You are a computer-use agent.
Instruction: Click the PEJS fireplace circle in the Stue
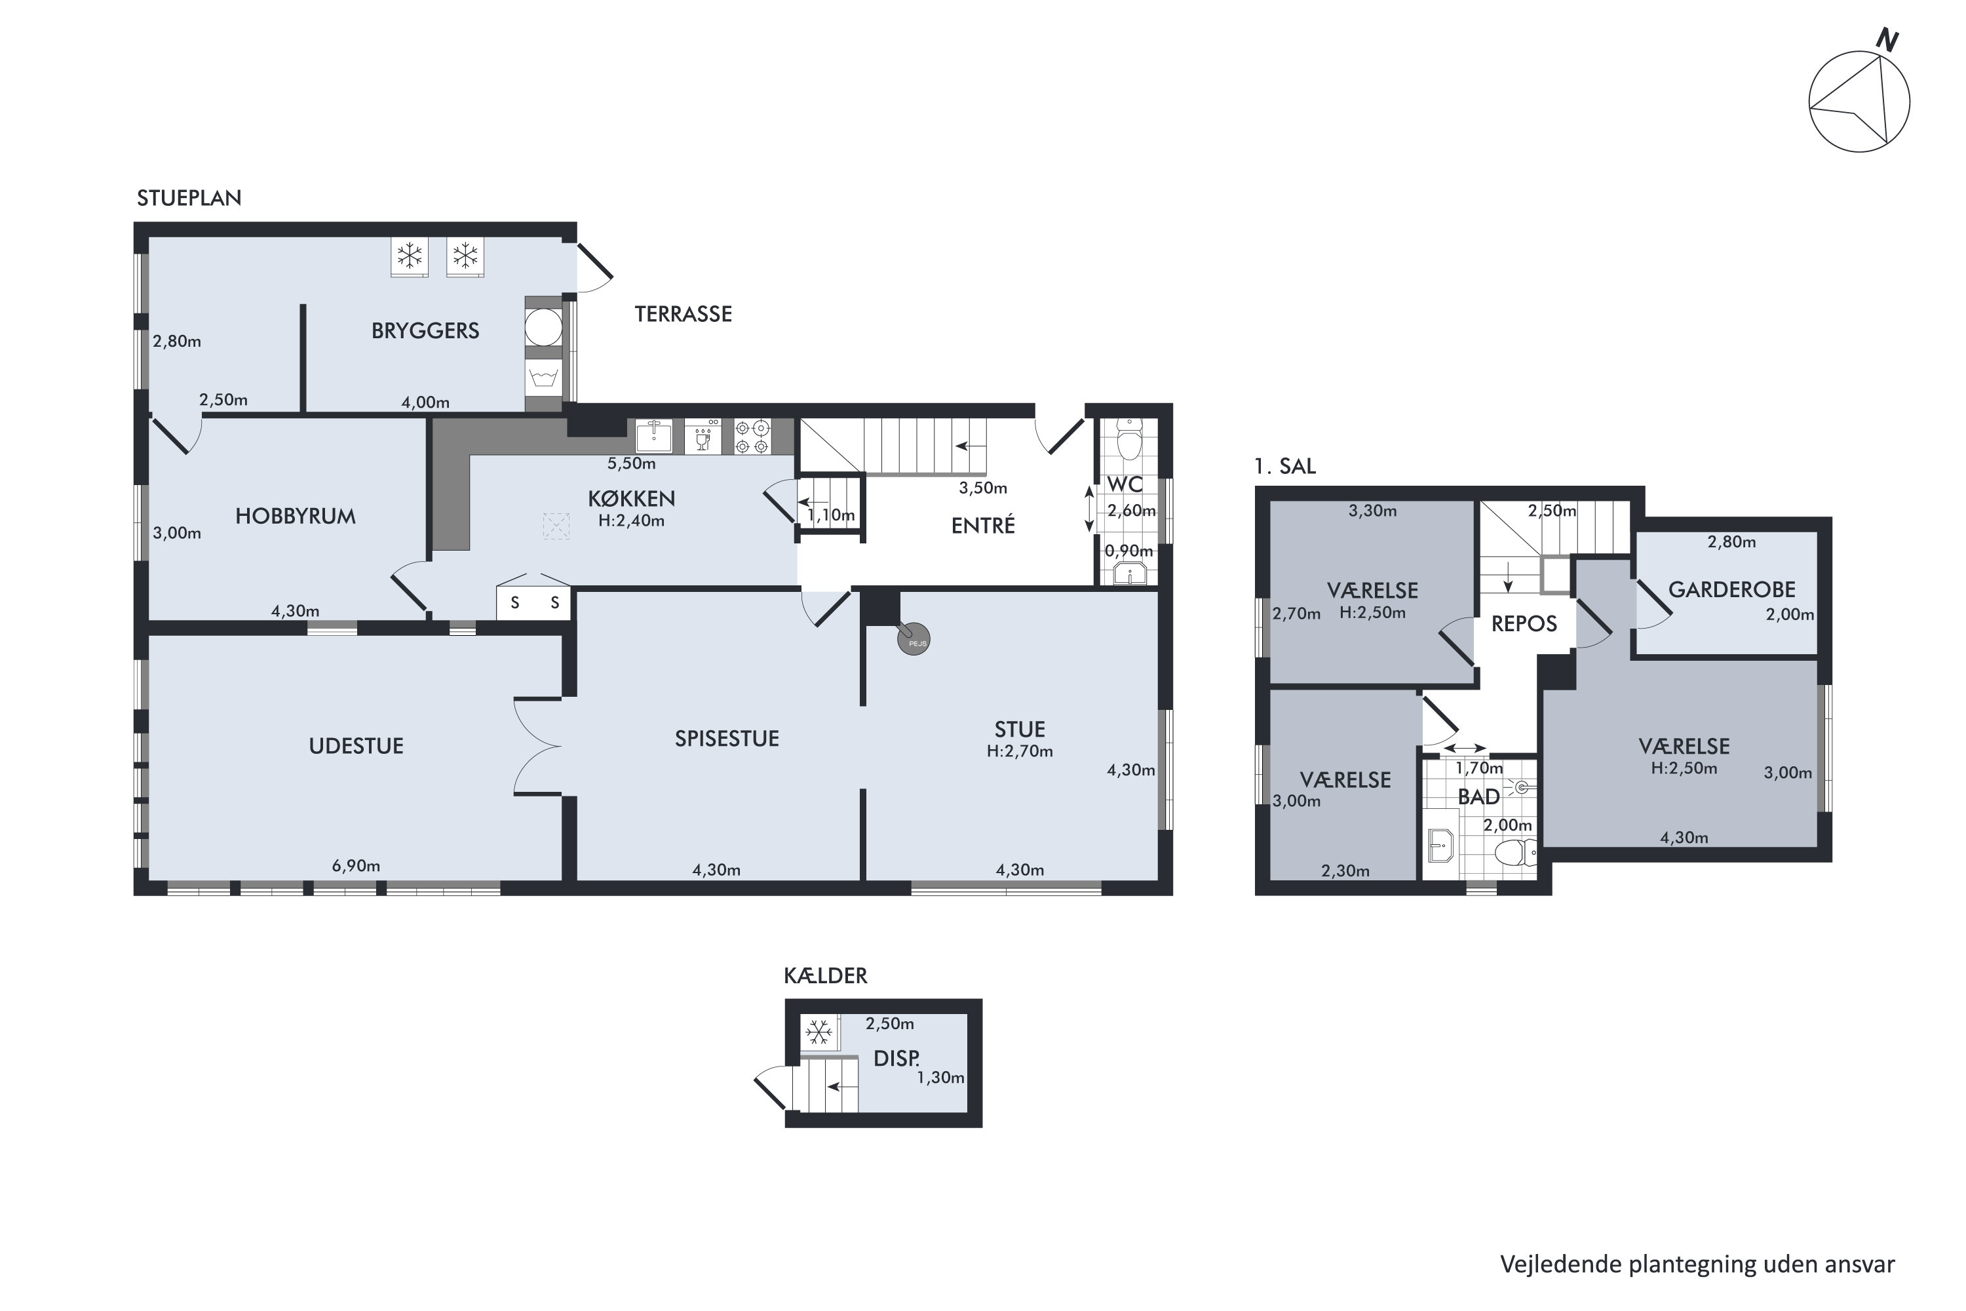(x=914, y=640)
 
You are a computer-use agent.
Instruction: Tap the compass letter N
(x=1887, y=39)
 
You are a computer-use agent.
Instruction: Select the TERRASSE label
(x=683, y=315)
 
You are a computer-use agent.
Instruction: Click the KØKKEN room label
(x=631, y=499)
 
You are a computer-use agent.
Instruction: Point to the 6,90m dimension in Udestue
(x=356, y=865)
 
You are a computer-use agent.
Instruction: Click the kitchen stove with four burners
(x=752, y=437)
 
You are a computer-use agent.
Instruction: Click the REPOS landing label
(x=1524, y=625)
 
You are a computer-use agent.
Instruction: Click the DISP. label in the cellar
(x=896, y=1059)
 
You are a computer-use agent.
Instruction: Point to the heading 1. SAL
(x=1284, y=467)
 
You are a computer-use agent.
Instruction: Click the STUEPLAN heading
(x=189, y=198)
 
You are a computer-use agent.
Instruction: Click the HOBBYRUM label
(x=295, y=517)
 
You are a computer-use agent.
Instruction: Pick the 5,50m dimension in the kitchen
(x=631, y=463)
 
